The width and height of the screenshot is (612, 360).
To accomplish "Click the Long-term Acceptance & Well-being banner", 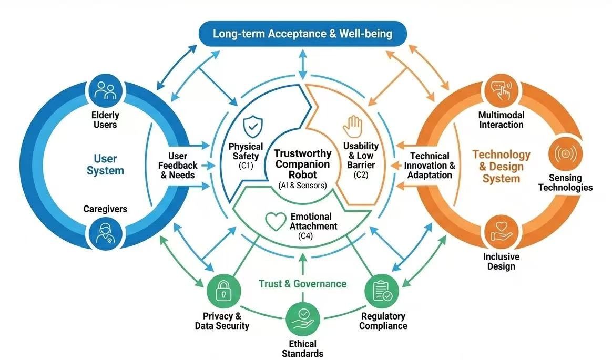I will point(302,34).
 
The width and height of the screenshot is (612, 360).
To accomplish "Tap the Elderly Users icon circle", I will point(105,90).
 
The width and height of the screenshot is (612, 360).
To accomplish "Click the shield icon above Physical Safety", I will point(252,126).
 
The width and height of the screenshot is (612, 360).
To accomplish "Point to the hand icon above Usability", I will point(352,126).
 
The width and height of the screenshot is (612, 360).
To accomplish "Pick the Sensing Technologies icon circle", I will point(565,155).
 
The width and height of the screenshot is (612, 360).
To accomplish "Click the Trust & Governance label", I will point(302,284).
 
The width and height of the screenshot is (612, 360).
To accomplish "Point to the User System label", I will point(105,164).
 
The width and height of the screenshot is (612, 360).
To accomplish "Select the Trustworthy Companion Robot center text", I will point(302,164).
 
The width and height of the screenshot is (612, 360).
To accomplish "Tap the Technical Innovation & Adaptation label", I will point(430,166).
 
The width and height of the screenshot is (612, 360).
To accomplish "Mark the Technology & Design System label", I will point(501,167).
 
